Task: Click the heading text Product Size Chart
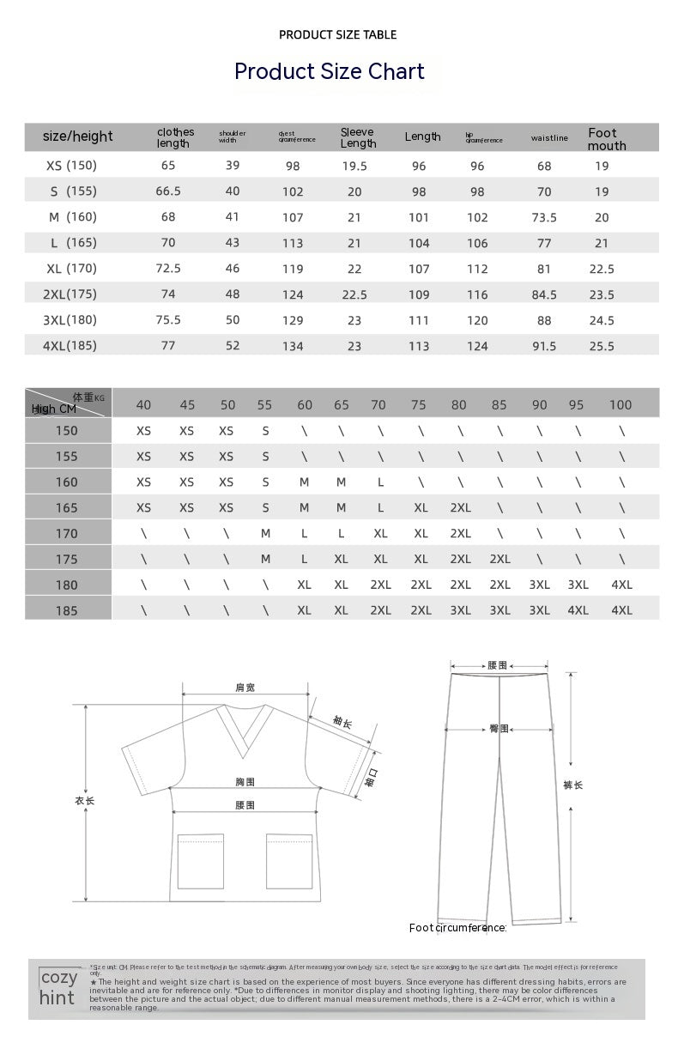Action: (x=330, y=71)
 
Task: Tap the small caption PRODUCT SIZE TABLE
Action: (x=337, y=35)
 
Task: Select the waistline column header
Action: (x=549, y=137)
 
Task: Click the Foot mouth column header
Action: (x=607, y=139)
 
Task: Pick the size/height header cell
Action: (x=77, y=136)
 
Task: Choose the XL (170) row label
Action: (x=71, y=269)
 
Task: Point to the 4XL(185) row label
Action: (x=70, y=346)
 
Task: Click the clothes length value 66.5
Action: (x=168, y=191)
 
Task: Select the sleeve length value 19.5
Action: (x=354, y=167)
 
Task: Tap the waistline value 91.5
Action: (x=544, y=347)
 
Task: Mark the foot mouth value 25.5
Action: (x=602, y=347)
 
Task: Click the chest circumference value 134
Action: (x=293, y=347)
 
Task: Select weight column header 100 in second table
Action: (x=620, y=405)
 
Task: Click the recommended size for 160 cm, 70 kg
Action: (x=380, y=482)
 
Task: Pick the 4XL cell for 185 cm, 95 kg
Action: (x=578, y=610)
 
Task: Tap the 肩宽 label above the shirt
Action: (x=245, y=688)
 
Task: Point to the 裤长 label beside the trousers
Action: (x=573, y=785)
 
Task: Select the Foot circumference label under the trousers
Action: (x=457, y=928)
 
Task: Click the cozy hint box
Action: (x=59, y=987)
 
